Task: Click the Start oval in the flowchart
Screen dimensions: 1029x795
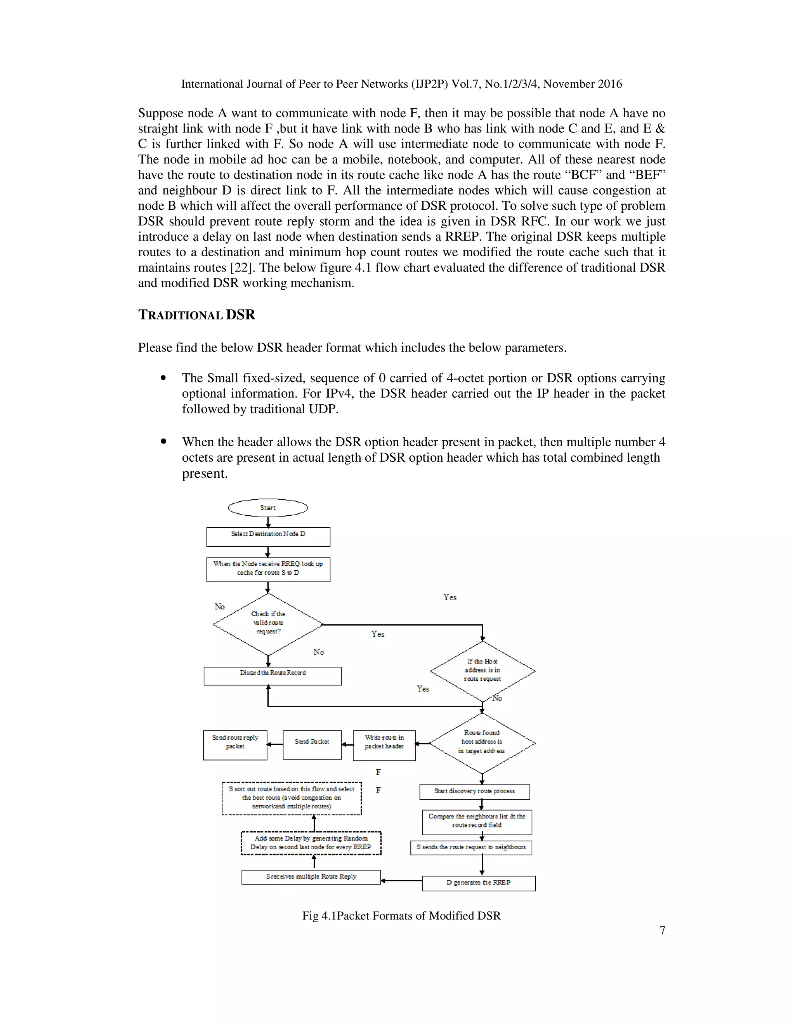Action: coord(268,508)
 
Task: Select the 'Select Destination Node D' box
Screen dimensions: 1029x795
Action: coord(268,536)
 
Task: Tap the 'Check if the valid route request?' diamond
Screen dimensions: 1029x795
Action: coord(268,624)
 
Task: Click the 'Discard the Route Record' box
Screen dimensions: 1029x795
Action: coord(272,676)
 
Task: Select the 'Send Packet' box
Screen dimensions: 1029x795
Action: coord(312,744)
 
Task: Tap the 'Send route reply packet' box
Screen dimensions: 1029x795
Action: coord(235,745)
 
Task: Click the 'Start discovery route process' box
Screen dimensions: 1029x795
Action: coord(474,791)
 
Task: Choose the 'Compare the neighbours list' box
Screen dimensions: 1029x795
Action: coord(477,822)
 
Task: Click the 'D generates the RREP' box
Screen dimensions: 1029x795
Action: coord(479,883)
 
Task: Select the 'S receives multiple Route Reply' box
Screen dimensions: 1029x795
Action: coord(311,877)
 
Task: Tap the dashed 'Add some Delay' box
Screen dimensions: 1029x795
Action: coord(311,843)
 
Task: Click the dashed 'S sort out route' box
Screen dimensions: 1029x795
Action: coord(292,798)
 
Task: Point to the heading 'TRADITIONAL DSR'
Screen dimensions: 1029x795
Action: coord(196,315)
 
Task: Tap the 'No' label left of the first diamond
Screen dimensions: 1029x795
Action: coord(219,607)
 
